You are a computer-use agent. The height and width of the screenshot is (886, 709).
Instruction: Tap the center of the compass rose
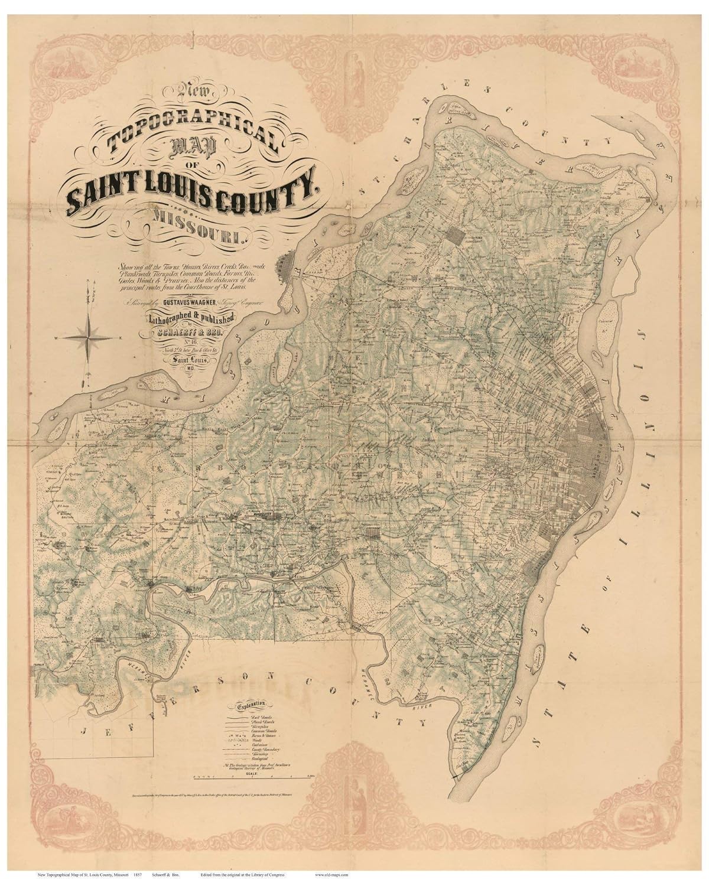click(x=89, y=338)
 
